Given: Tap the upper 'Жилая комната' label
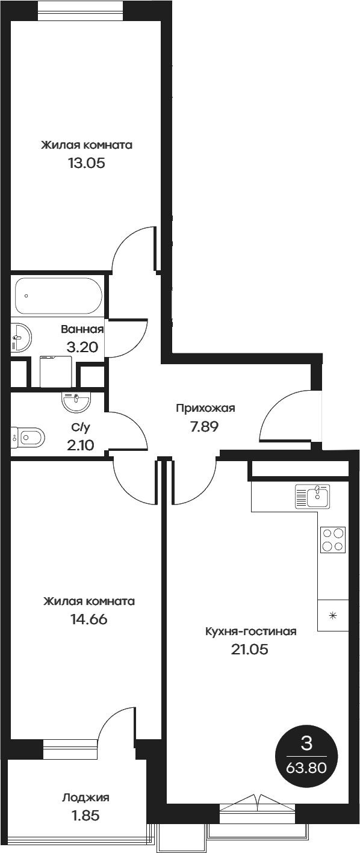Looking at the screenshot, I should pos(87,145).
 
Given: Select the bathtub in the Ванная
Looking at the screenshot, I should pos(58,296).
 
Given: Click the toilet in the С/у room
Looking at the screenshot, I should pos(29,436).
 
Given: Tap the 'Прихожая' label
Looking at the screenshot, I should pos(205,409).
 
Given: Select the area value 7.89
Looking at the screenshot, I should pos(205,427).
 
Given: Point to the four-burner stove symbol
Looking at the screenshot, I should pos(333,539).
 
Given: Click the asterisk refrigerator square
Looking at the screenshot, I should pos(333,615).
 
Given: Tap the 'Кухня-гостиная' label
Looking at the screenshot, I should pos(251,631).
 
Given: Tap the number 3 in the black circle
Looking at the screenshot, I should pos(306,745).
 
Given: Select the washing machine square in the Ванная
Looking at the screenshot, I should pos(55,372).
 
